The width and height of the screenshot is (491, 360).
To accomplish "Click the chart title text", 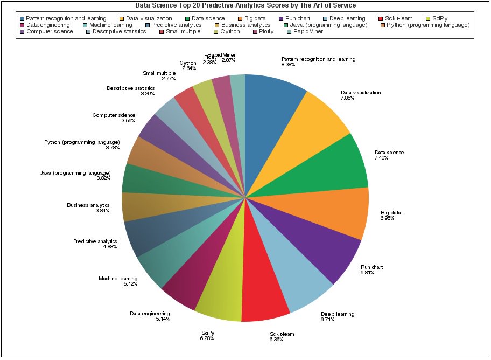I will point(245,5).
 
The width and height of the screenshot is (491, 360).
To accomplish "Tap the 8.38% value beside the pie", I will point(289,65).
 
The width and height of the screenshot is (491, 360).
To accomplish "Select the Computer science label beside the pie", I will point(114,115).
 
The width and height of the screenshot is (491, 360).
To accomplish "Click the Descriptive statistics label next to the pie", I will point(130,88).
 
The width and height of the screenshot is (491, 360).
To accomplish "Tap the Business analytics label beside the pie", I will point(88,205).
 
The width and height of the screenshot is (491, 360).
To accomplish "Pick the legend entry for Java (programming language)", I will point(328,25).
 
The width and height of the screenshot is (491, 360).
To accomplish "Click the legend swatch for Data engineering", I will point(22,25).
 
